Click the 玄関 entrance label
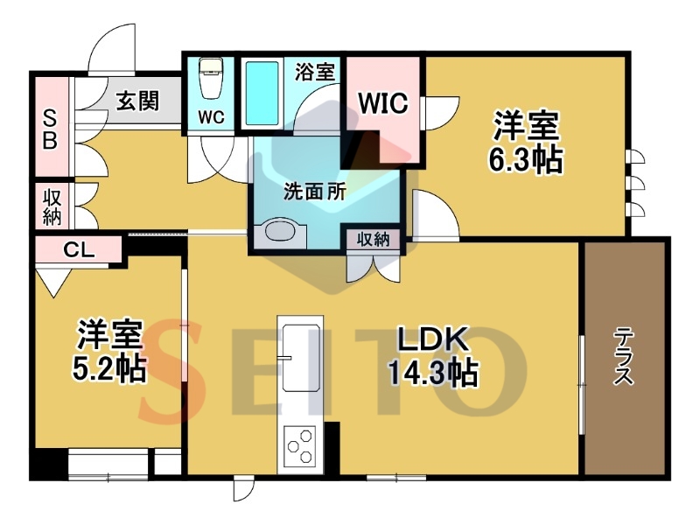(138, 101)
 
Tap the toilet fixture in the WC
(210, 78)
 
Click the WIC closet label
(383, 103)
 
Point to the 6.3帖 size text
(526, 160)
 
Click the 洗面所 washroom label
(315, 192)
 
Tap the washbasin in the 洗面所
(280, 232)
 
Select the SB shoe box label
(50, 129)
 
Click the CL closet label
(79, 250)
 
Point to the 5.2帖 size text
(109, 368)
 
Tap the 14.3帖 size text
(433, 373)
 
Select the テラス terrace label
(623, 356)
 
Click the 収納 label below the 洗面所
(374, 240)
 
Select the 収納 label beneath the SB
(52, 207)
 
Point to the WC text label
(212, 117)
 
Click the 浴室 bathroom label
(315, 72)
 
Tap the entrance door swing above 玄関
(112, 48)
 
